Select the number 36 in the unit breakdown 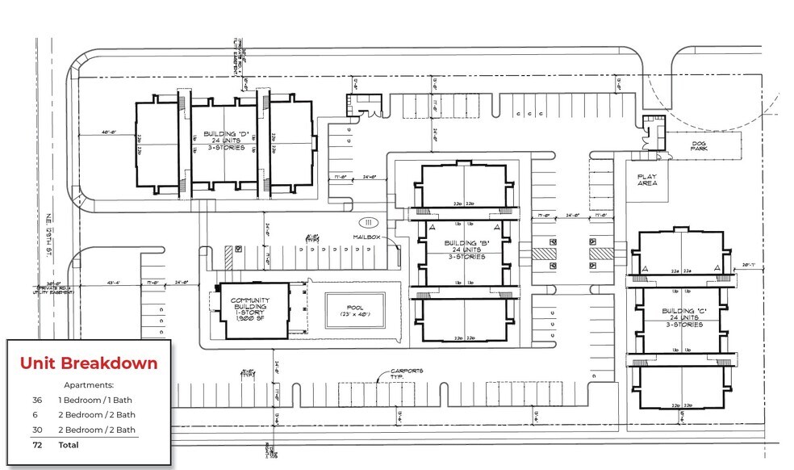pyautogui.click(x=36, y=401)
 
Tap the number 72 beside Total pyautogui.click(x=36, y=445)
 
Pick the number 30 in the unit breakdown pyautogui.click(x=36, y=430)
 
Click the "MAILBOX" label pyautogui.click(x=366, y=237)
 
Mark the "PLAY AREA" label pyautogui.click(x=648, y=179)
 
